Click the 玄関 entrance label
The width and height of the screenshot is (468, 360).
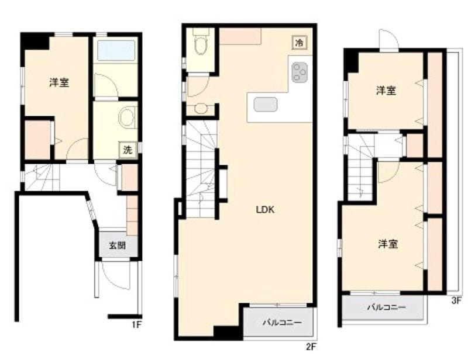tap(116, 245)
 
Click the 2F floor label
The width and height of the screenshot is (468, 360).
tap(311, 346)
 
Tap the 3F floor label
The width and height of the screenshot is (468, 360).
tap(456, 302)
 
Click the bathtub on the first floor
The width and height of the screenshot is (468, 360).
tap(116, 50)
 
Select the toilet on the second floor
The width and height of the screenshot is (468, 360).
tap(201, 44)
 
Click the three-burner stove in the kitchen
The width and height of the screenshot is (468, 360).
tap(300, 72)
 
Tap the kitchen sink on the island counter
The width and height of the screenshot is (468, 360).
tap(266, 104)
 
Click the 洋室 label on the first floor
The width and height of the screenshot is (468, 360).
tap(58, 83)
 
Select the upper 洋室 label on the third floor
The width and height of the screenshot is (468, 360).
tap(386, 91)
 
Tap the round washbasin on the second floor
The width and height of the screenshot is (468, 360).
tap(201, 108)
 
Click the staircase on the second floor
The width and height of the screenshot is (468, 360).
tap(201, 169)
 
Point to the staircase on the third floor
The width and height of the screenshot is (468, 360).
tap(361, 169)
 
